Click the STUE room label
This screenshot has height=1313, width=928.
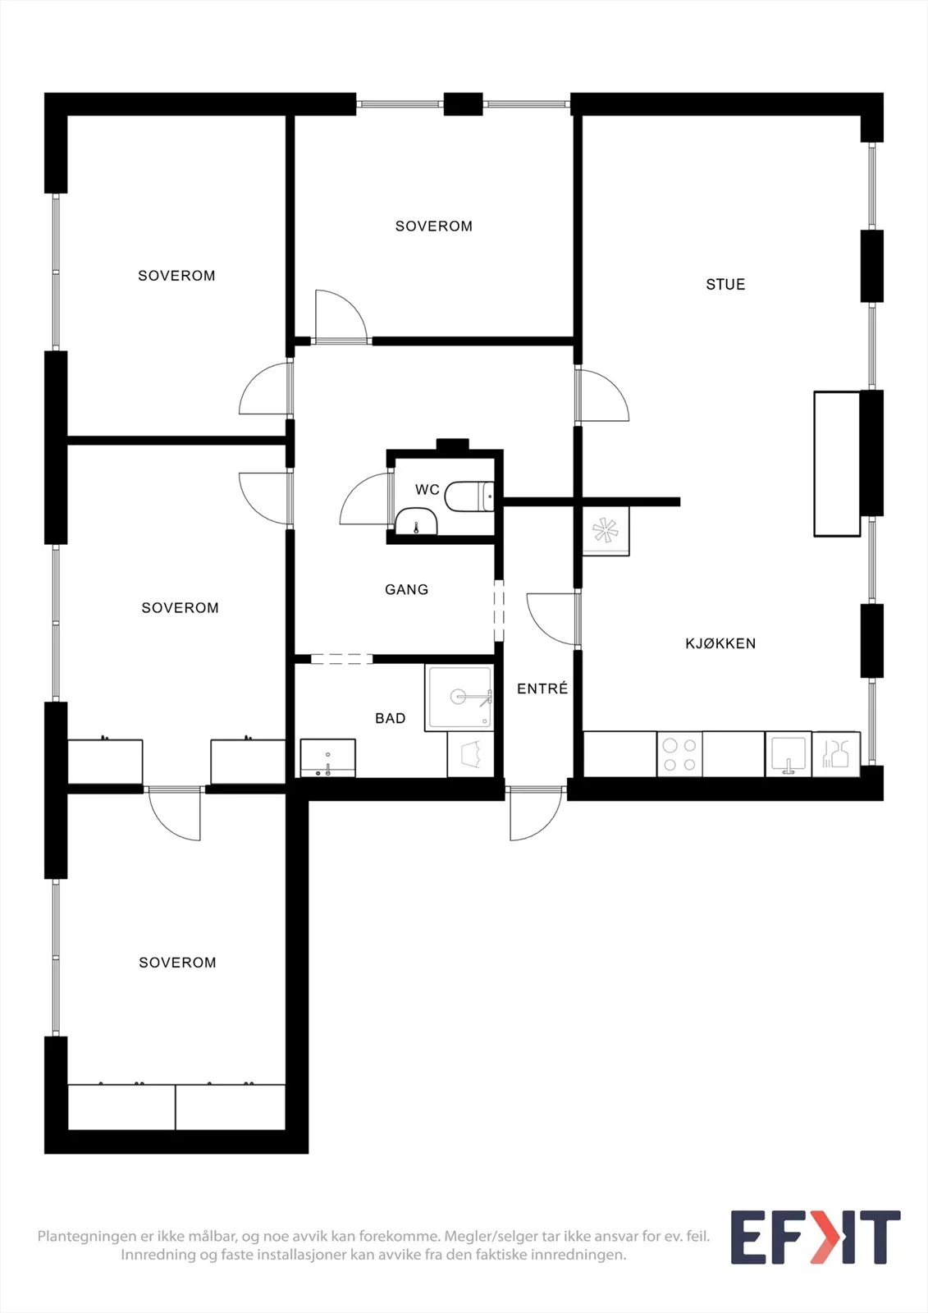(x=725, y=284)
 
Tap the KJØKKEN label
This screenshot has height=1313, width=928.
(x=720, y=643)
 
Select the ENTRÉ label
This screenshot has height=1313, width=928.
(x=542, y=689)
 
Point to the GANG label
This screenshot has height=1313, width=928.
(x=406, y=589)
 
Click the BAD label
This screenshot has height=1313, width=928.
(x=391, y=718)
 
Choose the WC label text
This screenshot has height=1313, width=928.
(x=427, y=489)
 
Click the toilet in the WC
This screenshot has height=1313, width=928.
(x=469, y=496)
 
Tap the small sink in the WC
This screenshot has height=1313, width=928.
(x=416, y=522)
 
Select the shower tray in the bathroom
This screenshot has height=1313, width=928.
(x=459, y=698)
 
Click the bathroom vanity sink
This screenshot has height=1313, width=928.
(x=327, y=758)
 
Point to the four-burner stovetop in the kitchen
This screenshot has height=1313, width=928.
(x=679, y=754)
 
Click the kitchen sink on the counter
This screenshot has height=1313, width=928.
(x=789, y=754)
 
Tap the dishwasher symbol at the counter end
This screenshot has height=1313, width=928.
(x=836, y=754)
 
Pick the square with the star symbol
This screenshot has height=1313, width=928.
(x=606, y=531)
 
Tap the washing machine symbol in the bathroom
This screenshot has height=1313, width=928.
(x=471, y=754)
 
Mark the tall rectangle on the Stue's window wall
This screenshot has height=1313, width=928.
(x=837, y=464)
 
